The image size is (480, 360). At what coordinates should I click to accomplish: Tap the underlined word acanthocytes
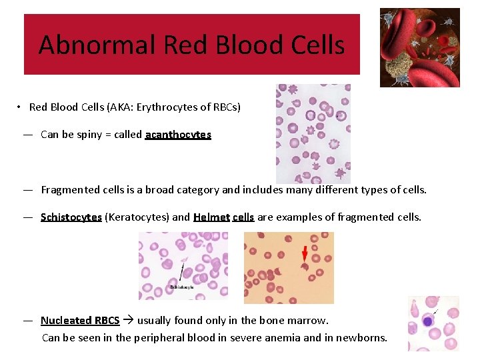[178, 135]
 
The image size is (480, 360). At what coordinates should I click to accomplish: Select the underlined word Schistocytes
[71, 217]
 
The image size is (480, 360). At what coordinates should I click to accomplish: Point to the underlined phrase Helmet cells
[224, 217]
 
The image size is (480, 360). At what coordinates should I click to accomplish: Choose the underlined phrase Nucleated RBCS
[80, 321]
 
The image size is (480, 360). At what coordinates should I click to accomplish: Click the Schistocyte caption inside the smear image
[182, 287]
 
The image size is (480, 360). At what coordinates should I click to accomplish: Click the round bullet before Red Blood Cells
[21, 107]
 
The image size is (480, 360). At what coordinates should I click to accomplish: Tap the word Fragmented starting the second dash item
[71, 190]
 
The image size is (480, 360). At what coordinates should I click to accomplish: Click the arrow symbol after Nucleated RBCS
[128, 321]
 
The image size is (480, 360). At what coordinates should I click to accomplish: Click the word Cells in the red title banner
[315, 45]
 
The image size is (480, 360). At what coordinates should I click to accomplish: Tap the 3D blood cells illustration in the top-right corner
[419, 47]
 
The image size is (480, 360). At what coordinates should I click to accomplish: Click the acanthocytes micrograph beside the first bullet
[313, 133]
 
